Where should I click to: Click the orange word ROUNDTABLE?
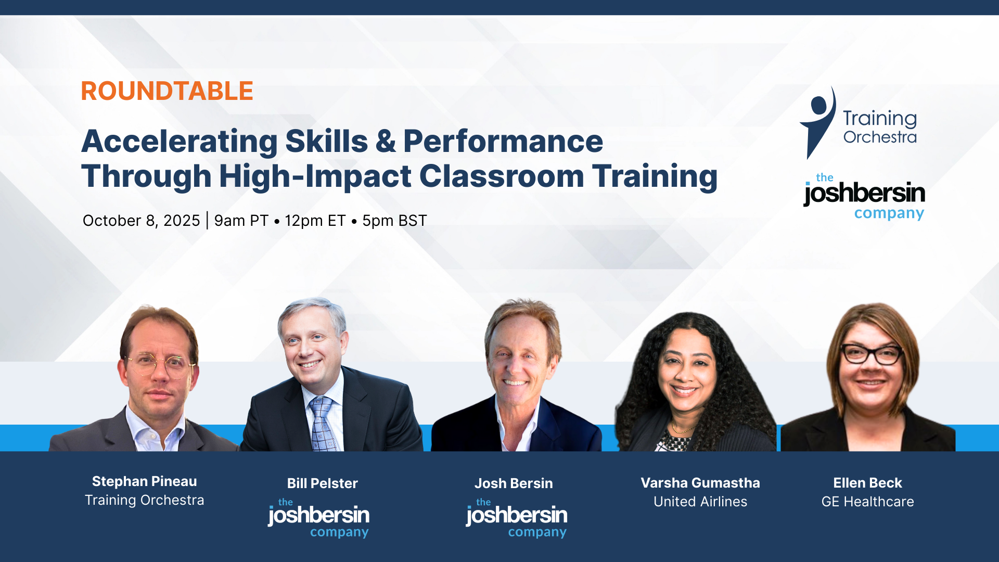167,91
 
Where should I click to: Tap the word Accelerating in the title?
180,142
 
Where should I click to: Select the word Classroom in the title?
502,176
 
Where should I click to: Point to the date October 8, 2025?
141,221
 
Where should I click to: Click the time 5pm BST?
394,221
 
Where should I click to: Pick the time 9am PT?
241,221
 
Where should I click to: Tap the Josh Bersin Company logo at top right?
864,197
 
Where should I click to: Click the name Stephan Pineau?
145,481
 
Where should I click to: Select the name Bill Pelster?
323,483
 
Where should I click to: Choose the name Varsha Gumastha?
700,483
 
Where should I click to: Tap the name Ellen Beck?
868,483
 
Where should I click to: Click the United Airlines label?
700,502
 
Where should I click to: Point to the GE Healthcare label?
868,502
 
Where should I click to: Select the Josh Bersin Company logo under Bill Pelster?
318,518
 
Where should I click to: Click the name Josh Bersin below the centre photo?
514,483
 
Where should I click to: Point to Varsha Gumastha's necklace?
682,429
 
